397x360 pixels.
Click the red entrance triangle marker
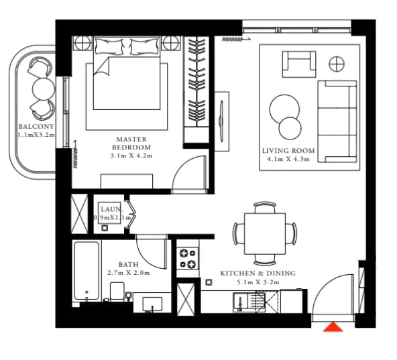tap(333, 327)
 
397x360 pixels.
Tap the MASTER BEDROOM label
tap(131, 143)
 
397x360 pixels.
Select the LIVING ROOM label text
tap(288, 151)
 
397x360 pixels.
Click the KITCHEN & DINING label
tap(258, 273)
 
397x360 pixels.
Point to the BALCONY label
tap(36, 126)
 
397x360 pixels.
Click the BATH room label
tap(129, 265)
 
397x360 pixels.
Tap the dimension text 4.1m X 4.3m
tap(288, 160)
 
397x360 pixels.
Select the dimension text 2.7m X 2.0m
tap(129, 273)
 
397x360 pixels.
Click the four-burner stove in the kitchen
tap(188, 259)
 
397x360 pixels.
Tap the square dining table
tap(265, 234)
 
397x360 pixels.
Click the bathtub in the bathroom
tap(87, 271)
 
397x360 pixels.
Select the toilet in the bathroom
tap(117, 292)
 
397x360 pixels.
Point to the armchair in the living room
tap(299, 64)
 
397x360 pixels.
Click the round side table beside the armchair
tap(337, 64)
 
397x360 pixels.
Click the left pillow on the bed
tap(109, 46)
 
